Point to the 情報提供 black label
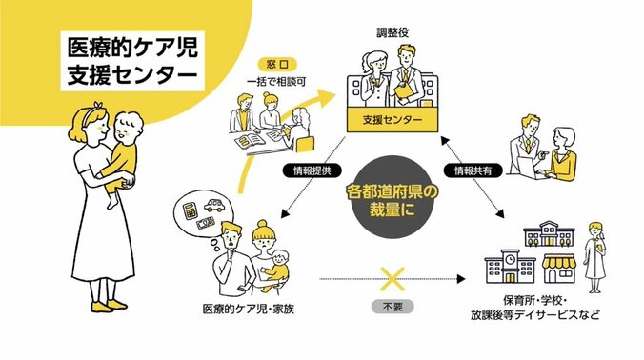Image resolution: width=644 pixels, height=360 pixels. coord(303,172)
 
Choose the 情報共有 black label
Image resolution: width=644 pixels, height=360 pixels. coord(474,172)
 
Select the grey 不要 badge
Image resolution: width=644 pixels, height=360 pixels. coord(392,309)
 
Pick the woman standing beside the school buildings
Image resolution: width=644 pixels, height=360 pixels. coord(595,252)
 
